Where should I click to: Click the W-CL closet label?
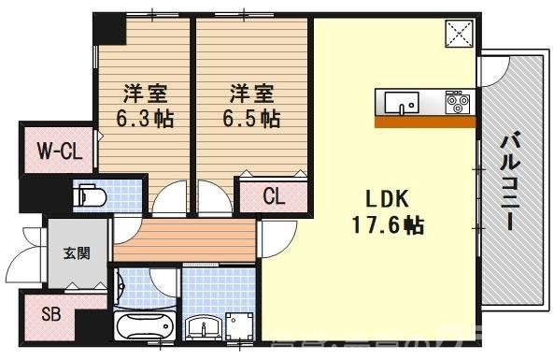[x=56, y=150]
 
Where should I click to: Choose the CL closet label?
[x=273, y=197]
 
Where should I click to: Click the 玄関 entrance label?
[x=78, y=252]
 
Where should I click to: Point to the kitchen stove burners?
[x=457, y=99]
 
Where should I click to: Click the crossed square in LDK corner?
[x=461, y=35]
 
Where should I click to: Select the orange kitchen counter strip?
[x=426, y=121]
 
